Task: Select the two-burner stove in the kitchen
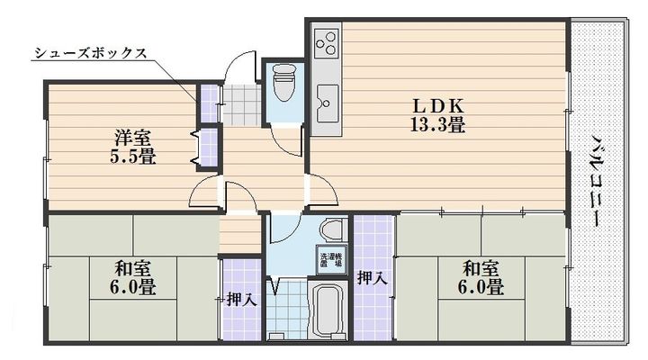coord(326,41)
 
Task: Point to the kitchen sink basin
coord(327,98)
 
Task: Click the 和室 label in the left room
coord(132,268)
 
